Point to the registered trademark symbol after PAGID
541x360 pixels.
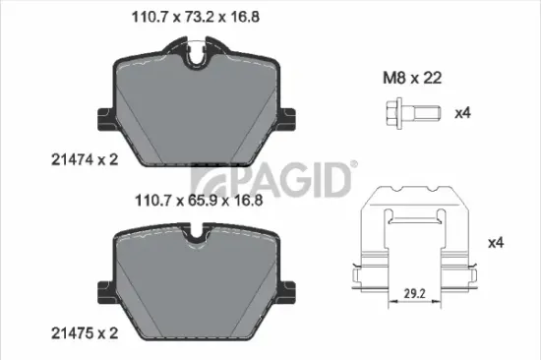(x=354, y=166)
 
